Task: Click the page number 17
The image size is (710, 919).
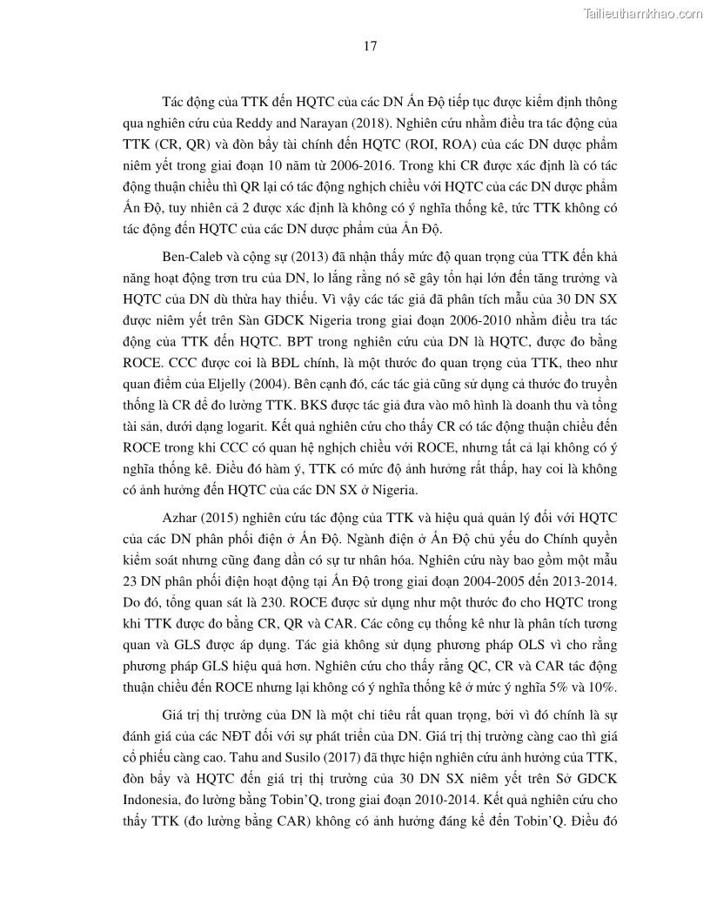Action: [370, 47]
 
